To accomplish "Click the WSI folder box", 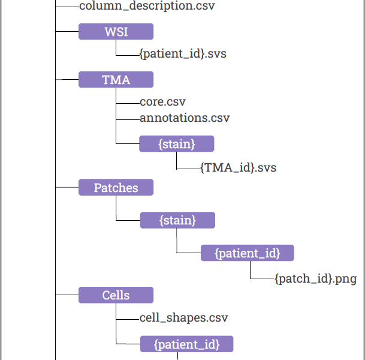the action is (116, 31).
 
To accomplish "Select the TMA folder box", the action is (116, 79).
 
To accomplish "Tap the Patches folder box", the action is (116, 187).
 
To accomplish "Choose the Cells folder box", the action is (116, 295).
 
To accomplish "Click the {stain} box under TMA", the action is (177, 144).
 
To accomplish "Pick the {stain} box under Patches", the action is (177, 220).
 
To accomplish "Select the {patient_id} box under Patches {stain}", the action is (248, 253).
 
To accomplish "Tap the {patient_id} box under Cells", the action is (186, 344).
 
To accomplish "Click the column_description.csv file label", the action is (147, 5).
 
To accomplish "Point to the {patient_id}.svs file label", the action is (183, 54).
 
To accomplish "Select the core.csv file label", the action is (162, 102).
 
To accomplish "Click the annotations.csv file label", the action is (185, 118).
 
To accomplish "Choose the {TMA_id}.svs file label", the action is (239, 168).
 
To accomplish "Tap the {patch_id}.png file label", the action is (316, 278).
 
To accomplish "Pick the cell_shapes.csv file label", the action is (183, 317).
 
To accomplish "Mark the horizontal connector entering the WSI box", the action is (67, 31).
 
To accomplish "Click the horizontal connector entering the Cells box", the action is (67, 295).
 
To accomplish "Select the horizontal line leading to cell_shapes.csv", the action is (128, 319).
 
